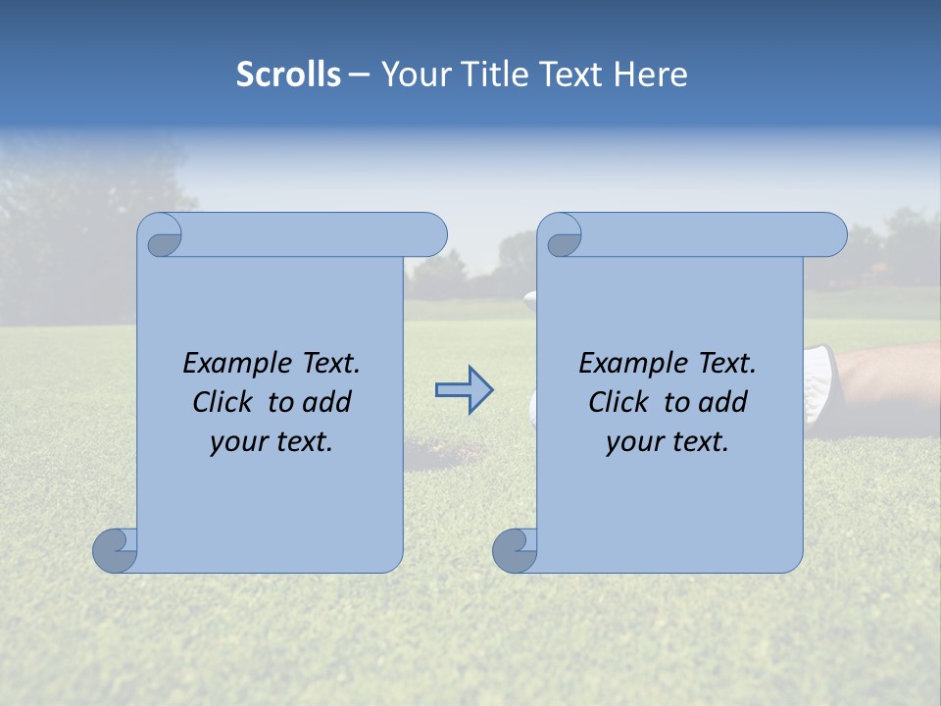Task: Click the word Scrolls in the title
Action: [288, 75]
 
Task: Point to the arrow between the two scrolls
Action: [464, 390]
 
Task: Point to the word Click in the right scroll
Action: [619, 402]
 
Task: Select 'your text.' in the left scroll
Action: [272, 441]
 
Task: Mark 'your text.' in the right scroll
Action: [668, 441]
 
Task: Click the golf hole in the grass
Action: [446, 451]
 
